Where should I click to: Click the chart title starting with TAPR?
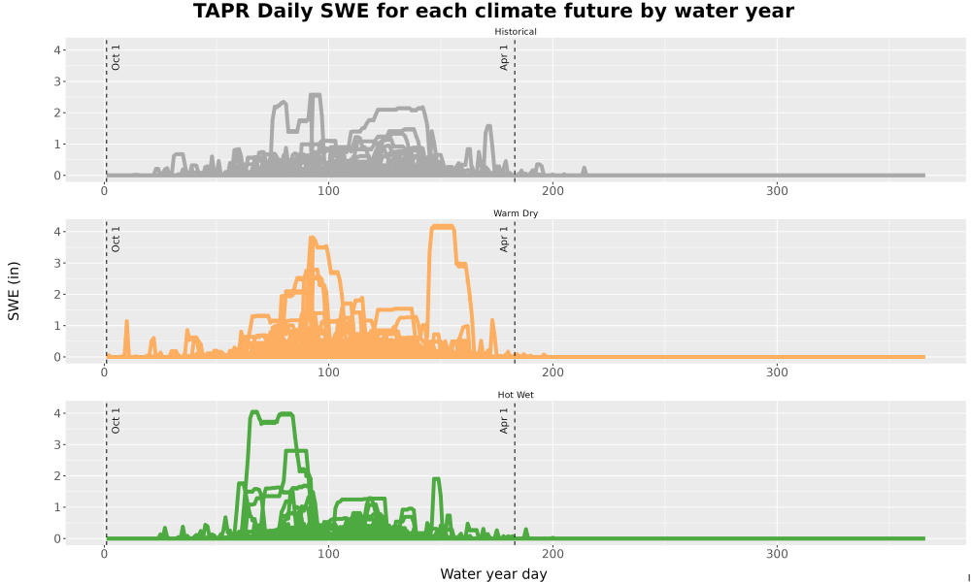point(493,11)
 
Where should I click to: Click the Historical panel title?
point(516,32)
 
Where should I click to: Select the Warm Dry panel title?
point(516,213)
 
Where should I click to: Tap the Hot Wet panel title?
point(516,395)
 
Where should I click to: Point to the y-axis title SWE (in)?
point(14,291)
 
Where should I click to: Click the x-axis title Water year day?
point(493,574)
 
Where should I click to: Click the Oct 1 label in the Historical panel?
point(116,57)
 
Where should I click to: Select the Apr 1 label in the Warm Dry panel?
point(504,239)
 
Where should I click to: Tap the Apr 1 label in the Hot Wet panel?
point(504,421)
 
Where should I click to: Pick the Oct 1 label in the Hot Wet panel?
point(116,421)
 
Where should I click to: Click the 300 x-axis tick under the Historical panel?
point(777,191)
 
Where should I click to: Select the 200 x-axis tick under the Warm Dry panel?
point(552,372)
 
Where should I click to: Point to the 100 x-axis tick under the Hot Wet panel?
point(328,554)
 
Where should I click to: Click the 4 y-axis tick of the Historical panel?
point(57,50)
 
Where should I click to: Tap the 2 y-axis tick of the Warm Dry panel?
point(57,295)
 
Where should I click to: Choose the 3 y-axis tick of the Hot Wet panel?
point(57,444)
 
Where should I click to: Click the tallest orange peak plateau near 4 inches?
point(443,227)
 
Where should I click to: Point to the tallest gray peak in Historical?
point(316,95)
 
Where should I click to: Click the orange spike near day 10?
point(126,338)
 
